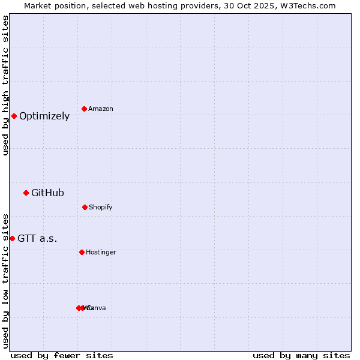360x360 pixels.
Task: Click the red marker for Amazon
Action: [84, 109]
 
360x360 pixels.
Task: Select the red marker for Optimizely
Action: [14, 116]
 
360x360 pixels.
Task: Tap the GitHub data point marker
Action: [26, 193]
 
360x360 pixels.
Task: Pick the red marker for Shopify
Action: [85, 207]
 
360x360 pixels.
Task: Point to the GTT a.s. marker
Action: [12, 238]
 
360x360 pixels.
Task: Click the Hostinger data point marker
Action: [82, 252]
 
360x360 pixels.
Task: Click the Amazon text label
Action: [101, 109]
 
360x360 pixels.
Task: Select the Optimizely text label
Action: [44, 116]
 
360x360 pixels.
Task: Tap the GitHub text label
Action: [47, 193]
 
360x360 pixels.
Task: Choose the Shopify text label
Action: [101, 208]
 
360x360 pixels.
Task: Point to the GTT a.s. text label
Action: [37, 239]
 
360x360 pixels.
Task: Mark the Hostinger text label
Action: [101, 253]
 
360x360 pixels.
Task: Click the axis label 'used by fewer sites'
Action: [62, 356]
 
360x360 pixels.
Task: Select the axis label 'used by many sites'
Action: [301, 356]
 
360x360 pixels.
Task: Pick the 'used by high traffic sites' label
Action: [5, 85]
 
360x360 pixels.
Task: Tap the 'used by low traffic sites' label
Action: [5, 281]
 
